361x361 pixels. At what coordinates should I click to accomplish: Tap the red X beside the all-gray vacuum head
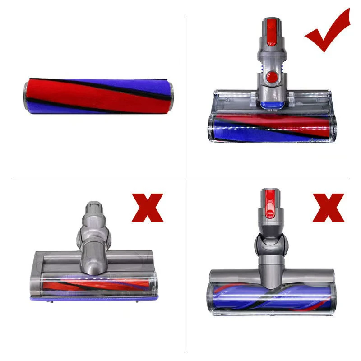[x=148, y=208]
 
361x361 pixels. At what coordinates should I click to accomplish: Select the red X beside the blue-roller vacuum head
[x=328, y=208]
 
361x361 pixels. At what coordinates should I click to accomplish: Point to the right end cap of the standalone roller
[x=171, y=96]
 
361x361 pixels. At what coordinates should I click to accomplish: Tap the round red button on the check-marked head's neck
[x=271, y=76]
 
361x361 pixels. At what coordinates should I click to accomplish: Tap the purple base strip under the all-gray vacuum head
[x=95, y=298]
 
